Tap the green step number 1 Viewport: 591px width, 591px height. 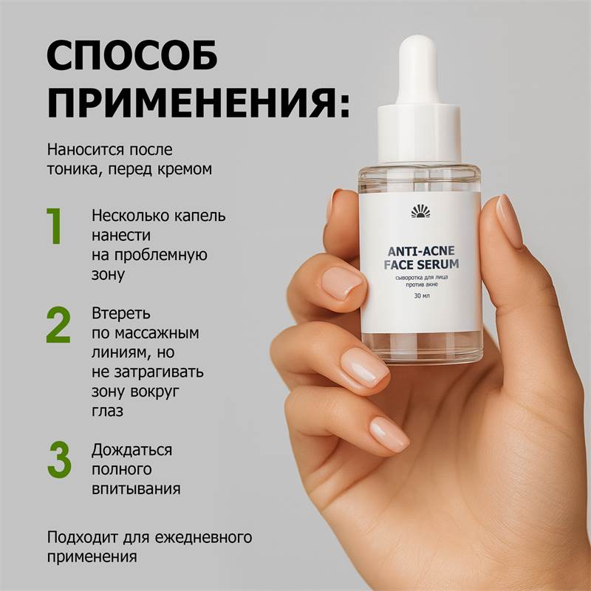[55, 226]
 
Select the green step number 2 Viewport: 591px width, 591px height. [58, 324]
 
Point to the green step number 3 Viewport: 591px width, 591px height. [59, 460]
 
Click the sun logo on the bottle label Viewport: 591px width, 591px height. [420, 213]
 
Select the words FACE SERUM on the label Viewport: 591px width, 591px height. [420, 264]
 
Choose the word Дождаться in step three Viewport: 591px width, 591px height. [132, 450]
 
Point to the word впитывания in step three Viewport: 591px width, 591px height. [136, 488]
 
